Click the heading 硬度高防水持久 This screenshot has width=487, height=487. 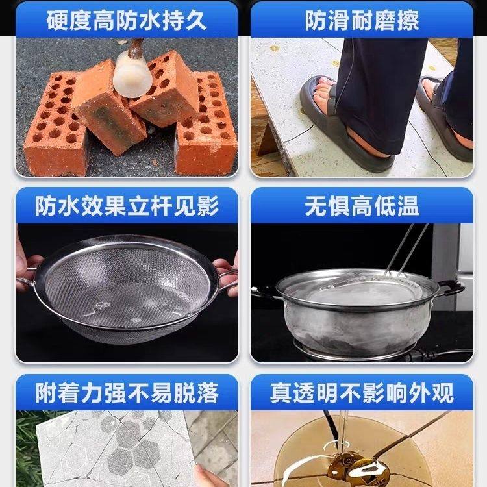click(x=127, y=20)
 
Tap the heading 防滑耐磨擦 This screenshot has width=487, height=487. click(x=362, y=20)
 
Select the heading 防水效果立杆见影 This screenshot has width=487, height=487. click(x=127, y=206)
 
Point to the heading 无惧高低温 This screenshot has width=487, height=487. click(x=362, y=206)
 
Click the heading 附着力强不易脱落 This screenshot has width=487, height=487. click(x=127, y=392)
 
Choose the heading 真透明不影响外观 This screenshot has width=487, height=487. click(x=362, y=392)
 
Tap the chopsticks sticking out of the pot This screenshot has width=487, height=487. click(x=406, y=250)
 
